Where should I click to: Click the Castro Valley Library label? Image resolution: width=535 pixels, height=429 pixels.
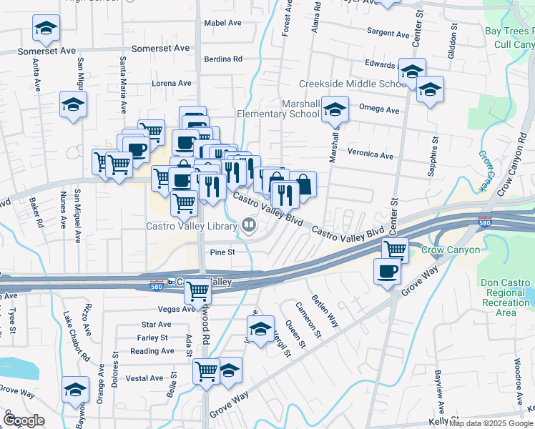point(191,227)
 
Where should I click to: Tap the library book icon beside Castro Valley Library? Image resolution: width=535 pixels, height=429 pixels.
point(249,226)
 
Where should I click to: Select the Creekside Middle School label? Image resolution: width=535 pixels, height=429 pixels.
point(353,84)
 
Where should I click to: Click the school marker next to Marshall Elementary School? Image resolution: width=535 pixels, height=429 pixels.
point(334,109)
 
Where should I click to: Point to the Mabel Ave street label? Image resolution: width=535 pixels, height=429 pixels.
point(223,23)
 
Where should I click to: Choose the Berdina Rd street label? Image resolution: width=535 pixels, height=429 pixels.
point(223,59)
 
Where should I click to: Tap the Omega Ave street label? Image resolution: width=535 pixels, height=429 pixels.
point(379,110)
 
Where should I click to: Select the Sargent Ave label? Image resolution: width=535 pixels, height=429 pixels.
point(388,32)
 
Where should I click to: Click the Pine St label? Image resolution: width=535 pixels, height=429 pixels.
point(222,252)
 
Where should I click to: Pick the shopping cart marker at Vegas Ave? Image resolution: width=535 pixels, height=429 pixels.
point(197,291)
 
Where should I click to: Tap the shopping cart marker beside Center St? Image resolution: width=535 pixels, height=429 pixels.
point(395,250)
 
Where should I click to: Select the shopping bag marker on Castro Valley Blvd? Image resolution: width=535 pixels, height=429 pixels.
point(303,184)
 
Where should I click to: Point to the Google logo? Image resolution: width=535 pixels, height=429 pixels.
point(24,420)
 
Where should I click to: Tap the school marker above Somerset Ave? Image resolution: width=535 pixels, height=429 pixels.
point(46,29)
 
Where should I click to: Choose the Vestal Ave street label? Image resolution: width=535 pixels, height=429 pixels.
point(146,378)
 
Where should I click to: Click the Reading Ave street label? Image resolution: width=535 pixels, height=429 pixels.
point(152,351)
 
